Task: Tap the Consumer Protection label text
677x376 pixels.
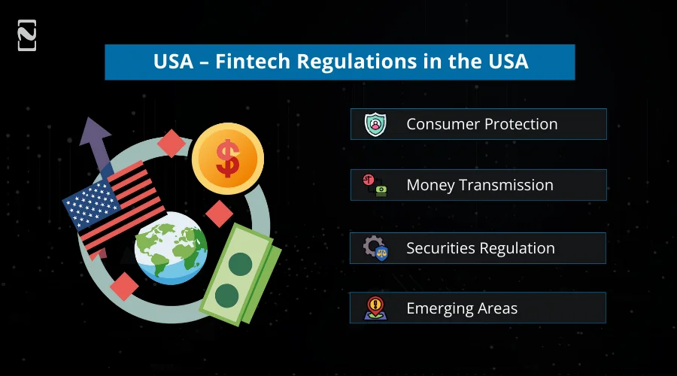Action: (x=481, y=124)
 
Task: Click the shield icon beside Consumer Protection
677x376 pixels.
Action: (x=375, y=124)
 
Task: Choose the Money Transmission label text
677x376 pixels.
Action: (x=480, y=185)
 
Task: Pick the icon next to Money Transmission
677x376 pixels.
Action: (x=375, y=185)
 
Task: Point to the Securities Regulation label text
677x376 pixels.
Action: (x=480, y=248)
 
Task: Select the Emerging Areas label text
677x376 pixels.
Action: (x=461, y=308)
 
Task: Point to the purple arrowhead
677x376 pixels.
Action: (x=95, y=134)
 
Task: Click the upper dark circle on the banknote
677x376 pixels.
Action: (x=240, y=264)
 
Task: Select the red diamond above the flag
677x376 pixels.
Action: (x=172, y=143)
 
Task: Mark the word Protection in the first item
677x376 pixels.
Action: (x=520, y=124)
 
